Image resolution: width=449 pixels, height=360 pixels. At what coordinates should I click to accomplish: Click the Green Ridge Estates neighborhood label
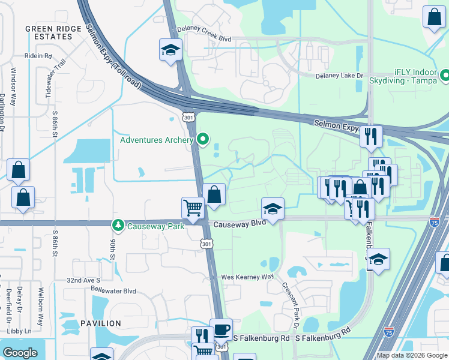48,32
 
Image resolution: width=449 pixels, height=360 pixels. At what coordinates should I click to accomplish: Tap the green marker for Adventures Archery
203,140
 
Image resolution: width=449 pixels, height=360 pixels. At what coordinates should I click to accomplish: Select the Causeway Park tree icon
118,225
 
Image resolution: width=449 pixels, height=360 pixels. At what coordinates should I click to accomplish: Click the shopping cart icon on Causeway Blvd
193,208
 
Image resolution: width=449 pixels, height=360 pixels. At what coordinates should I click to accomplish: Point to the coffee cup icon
221,329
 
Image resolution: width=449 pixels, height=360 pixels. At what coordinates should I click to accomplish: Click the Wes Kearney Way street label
247,277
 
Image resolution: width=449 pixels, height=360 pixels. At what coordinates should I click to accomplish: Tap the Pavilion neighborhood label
98,323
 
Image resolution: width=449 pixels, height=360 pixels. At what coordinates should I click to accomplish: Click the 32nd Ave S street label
82,280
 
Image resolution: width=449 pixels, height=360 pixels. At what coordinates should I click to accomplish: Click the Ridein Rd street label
38,56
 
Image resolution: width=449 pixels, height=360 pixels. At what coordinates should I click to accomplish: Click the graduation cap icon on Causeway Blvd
273,210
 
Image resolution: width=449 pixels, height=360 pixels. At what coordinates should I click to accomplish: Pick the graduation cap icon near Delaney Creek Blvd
170,50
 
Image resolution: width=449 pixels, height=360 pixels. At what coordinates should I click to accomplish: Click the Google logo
20,353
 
